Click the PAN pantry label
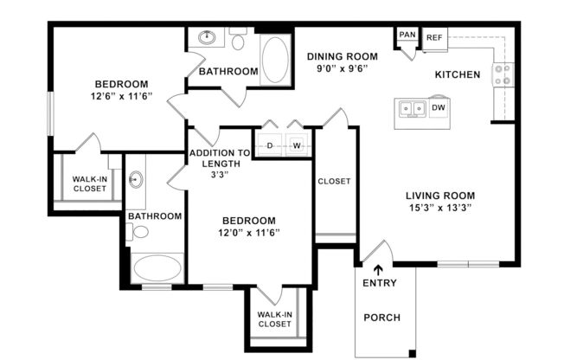pos(407,35)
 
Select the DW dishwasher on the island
pos(438,108)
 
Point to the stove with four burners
pos(502,76)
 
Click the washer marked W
pos(297,145)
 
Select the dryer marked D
pos(270,145)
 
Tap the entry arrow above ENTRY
pos(377,271)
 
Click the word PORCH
pos(381,318)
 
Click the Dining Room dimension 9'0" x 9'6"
pos(343,68)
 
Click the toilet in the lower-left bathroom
pos(138,231)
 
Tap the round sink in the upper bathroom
pos(208,38)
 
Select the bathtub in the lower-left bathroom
pos(157,267)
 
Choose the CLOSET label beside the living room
pos(334,182)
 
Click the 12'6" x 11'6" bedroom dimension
pos(123,97)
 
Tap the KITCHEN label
pos(457,75)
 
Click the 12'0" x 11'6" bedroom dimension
pos(248,233)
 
